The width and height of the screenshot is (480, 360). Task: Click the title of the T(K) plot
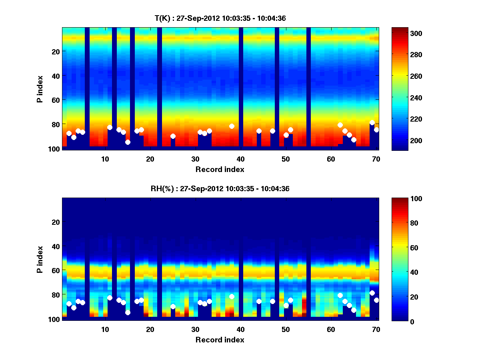[220, 18]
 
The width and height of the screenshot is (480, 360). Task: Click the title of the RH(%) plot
[220, 189]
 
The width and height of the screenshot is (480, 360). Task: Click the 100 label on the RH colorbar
[401, 199]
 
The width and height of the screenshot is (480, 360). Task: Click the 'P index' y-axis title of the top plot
[40, 89]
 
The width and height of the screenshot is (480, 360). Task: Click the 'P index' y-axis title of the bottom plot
[40, 259]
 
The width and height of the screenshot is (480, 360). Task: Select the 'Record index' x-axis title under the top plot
[220, 170]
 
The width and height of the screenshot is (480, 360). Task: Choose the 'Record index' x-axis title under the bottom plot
[220, 340]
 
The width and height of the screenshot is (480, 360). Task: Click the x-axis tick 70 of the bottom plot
[376, 329]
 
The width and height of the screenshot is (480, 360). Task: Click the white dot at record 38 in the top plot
[232, 126]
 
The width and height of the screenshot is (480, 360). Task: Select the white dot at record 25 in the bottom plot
[173, 306]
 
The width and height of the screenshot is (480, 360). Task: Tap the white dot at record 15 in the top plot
[128, 142]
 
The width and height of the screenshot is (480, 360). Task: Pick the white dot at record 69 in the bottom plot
[372, 293]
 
